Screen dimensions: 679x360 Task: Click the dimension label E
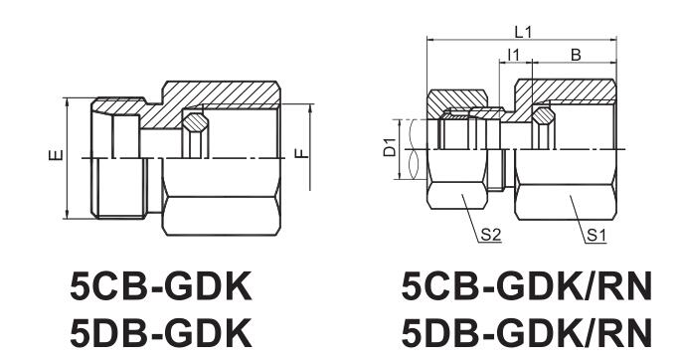[x=57, y=155]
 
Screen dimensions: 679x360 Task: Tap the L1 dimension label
[x=523, y=32]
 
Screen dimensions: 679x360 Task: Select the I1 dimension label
[x=513, y=55]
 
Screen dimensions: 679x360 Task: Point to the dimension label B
[x=576, y=55]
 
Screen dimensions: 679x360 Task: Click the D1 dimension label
[x=390, y=147]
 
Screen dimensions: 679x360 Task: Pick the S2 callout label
[x=491, y=235]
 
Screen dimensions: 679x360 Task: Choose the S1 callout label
[x=596, y=236]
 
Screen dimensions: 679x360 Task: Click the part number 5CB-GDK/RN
[x=527, y=286]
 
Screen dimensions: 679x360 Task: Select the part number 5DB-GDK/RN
[x=527, y=332]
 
